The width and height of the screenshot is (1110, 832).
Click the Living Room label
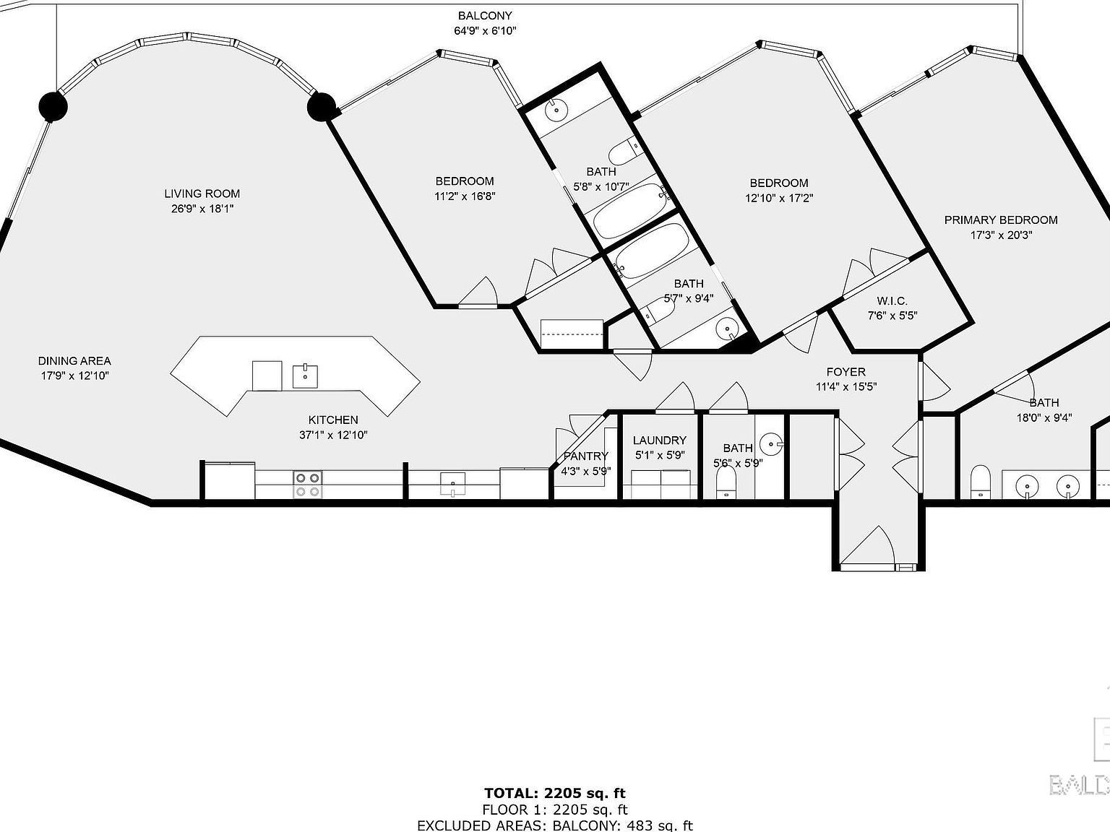(202, 194)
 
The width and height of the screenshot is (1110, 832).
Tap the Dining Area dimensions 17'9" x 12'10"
(74, 376)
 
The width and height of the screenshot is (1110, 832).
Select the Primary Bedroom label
(1000, 220)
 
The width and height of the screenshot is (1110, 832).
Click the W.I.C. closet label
(892, 301)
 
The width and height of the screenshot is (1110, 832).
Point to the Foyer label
(846, 372)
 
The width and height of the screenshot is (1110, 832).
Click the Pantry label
(585, 456)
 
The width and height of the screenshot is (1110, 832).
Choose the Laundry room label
(659, 441)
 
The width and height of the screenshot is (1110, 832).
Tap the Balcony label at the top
(485, 16)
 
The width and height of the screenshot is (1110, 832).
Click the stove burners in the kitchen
(307, 485)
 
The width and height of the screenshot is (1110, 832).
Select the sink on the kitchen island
(305, 376)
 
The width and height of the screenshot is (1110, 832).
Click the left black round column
(53, 107)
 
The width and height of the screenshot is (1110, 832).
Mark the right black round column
(322, 108)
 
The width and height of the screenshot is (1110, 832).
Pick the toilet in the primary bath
(980, 482)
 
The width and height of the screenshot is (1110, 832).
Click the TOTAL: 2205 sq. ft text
(554, 794)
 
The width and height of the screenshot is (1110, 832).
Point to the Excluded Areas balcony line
(554, 825)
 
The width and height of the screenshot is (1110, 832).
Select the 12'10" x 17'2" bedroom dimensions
(779, 198)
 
